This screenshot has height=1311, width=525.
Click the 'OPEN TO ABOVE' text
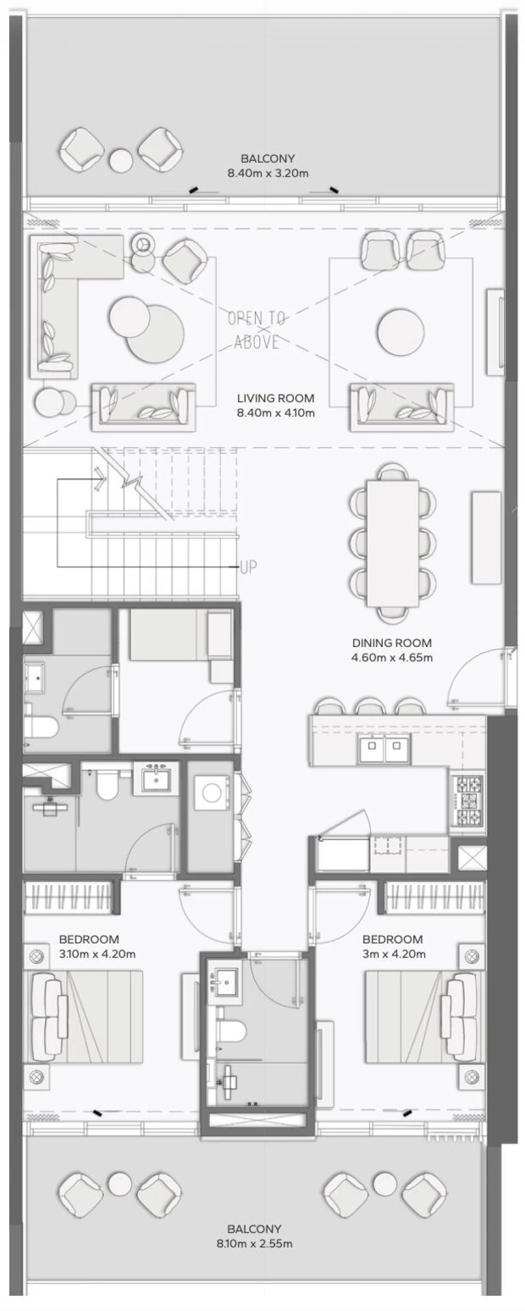257,330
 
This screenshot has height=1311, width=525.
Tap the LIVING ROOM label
275,398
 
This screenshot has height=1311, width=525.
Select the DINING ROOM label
391,643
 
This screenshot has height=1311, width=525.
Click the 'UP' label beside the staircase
248,567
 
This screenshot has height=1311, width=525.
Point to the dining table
392,542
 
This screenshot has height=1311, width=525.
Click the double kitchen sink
384,749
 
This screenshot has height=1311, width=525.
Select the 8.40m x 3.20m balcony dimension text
268,173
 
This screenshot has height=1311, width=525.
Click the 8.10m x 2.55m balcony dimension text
254,1243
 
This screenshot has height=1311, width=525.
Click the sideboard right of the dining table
486,537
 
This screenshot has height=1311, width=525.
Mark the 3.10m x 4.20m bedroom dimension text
97,955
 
